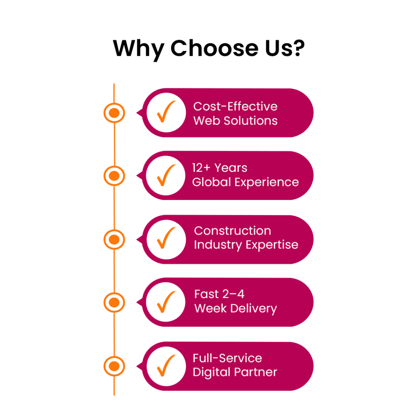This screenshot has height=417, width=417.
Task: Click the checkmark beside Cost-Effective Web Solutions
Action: [x=165, y=112]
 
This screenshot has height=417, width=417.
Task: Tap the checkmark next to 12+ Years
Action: [x=165, y=175]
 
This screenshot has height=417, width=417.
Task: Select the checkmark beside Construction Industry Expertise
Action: [x=165, y=239]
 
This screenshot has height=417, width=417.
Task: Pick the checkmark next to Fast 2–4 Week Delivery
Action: [x=165, y=302]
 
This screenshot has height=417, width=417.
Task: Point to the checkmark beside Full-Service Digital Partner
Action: [x=165, y=366]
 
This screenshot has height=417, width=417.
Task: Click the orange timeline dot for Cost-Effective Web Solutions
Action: [x=114, y=113]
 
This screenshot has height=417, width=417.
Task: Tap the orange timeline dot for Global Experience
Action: [x=114, y=176]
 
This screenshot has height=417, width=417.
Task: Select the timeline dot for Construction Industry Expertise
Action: [x=114, y=239]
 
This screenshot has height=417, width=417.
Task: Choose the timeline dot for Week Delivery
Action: [x=114, y=302]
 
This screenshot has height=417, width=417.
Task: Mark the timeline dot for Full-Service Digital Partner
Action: [x=114, y=366]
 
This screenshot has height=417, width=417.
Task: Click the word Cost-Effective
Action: [x=235, y=106]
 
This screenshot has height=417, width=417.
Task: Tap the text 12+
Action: [x=201, y=168]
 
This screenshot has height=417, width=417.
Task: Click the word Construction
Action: [x=232, y=230]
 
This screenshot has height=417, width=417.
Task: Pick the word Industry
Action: [x=218, y=245]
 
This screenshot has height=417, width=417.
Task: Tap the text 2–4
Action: [x=234, y=294]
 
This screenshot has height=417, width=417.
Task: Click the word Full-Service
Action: [x=227, y=358]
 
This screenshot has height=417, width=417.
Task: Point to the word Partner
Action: [x=258, y=372]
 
